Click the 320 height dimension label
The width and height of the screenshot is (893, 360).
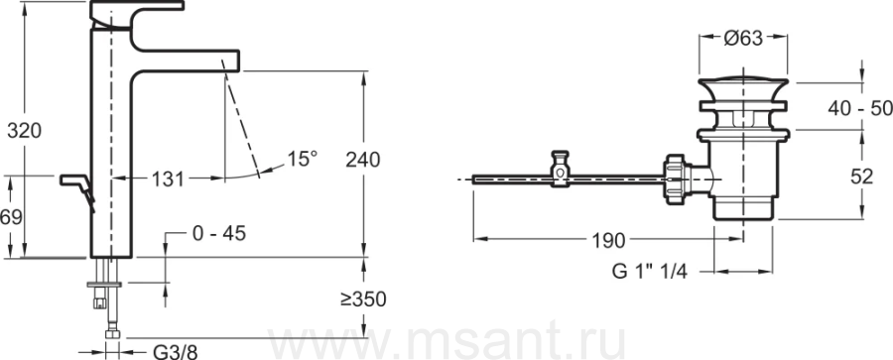point(25,131)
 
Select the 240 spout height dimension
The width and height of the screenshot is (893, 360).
point(363,161)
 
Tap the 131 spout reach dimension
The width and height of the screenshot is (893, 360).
point(168,180)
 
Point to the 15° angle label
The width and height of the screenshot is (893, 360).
point(302,159)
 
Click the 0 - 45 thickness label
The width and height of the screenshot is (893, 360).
point(219,233)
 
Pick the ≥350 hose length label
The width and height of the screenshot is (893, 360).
point(363,300)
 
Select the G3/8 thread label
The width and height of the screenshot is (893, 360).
point(176,352)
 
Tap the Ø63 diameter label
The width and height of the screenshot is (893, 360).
point(744,38)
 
